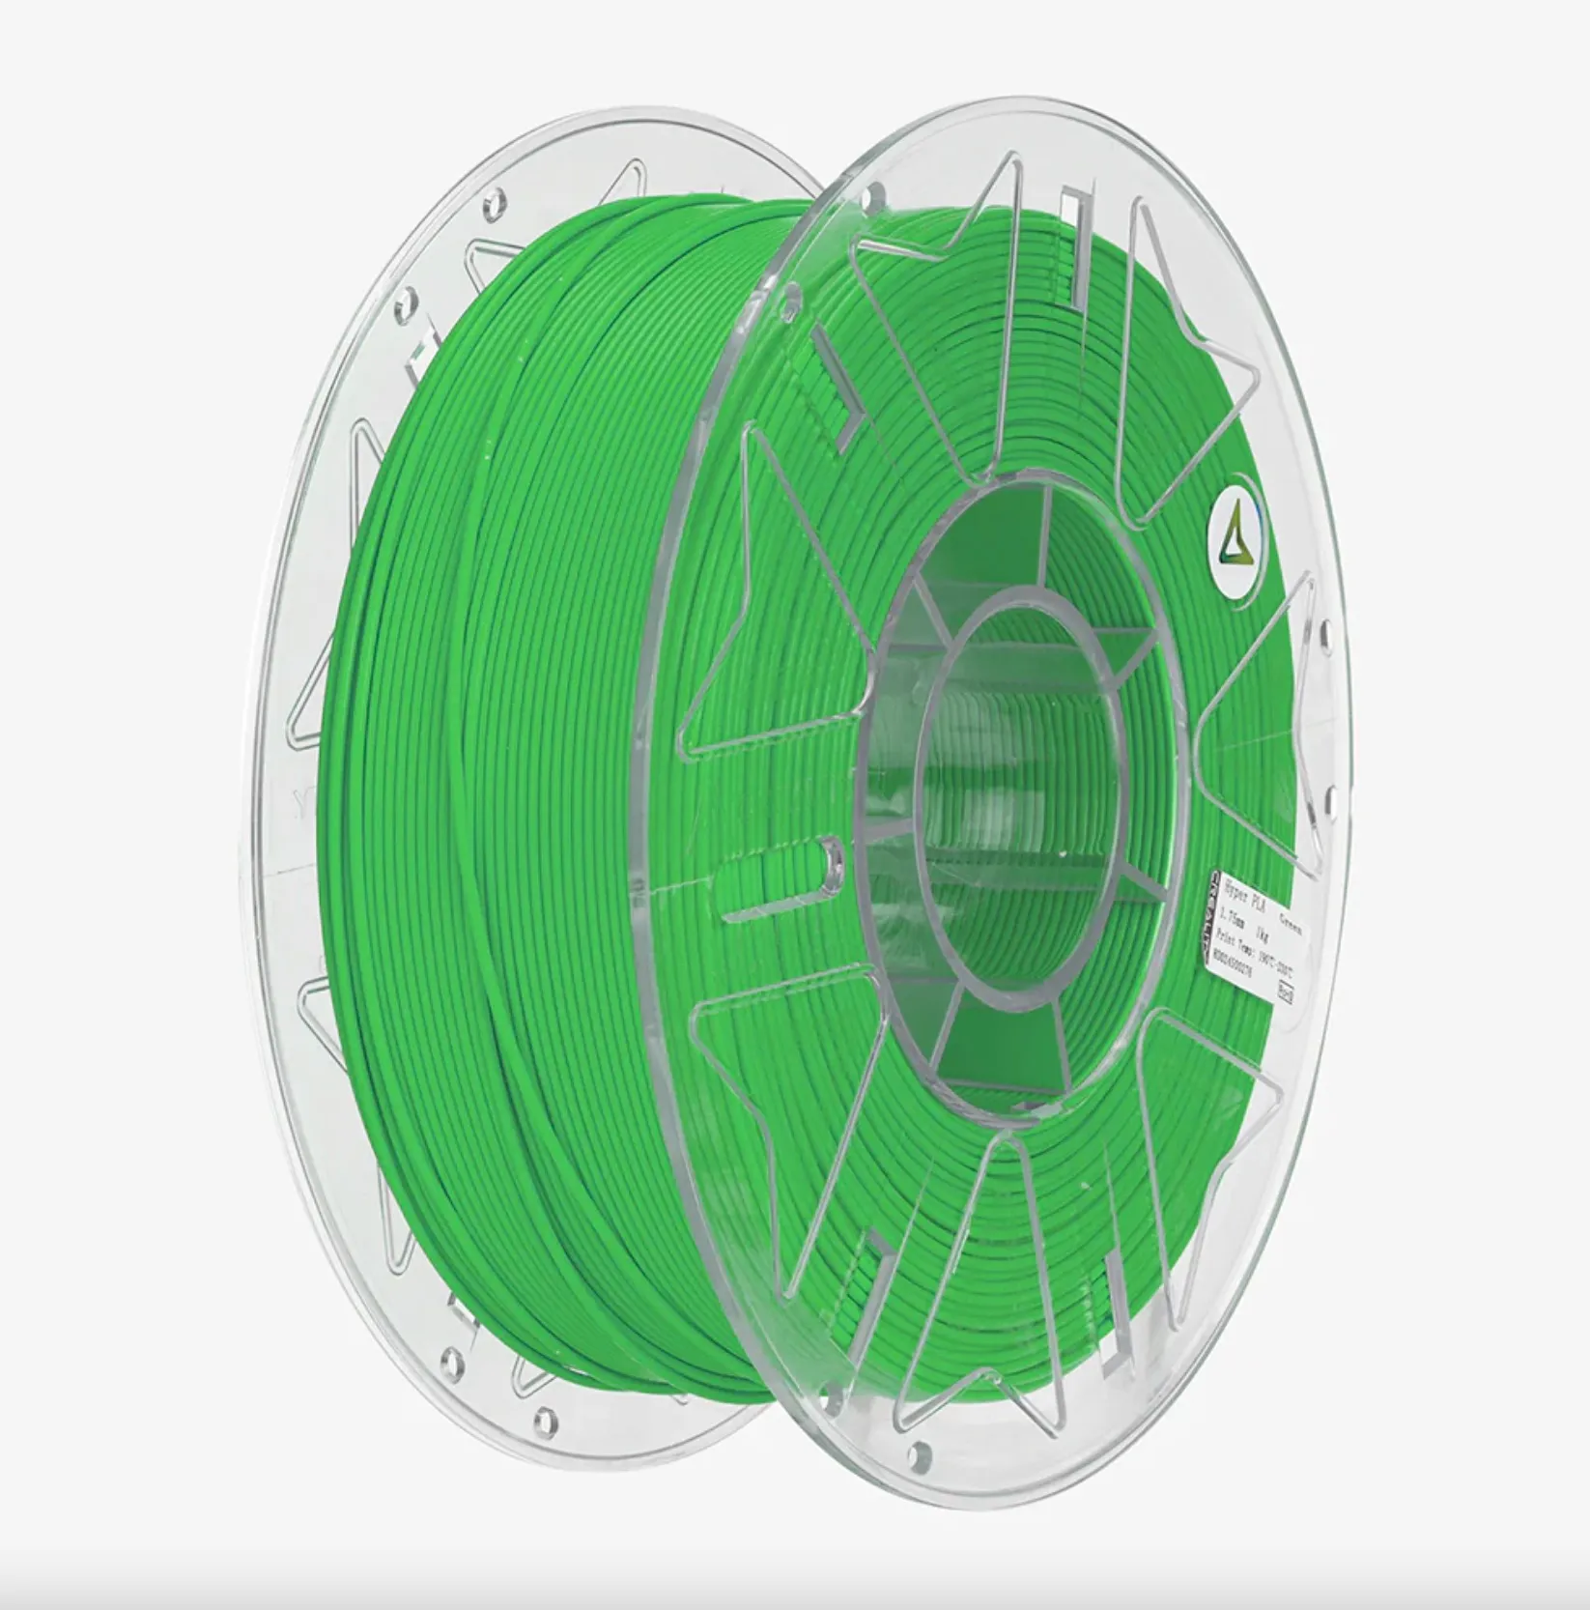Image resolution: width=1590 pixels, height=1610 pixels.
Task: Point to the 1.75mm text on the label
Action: [1232, 918]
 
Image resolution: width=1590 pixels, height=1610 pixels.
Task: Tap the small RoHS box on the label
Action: [1286, 992]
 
